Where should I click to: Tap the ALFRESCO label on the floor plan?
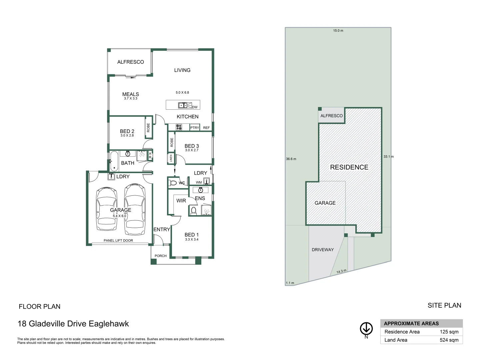coord(130,62)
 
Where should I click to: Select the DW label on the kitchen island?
coord(195,107)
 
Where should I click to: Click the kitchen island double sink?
coord(182,105)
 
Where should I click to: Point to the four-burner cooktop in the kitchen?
coord(179,127)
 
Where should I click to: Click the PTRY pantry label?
coord(195,128)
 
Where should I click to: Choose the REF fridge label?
coord(206,128)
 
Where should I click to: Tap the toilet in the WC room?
coord(173,183)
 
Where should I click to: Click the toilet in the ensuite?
coord(193,210)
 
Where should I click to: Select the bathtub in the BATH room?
coord(114,161)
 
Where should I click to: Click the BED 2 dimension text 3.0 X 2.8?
coord(127,136)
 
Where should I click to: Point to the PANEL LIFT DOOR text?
coord(118,240)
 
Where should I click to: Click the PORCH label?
coord(161,256)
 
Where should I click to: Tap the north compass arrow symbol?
coord(366,329)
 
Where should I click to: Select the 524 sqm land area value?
coord(449,340)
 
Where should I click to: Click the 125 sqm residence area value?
coord(449,332)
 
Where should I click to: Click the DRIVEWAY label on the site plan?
coord(323,250)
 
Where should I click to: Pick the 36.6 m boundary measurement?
coord(291,159)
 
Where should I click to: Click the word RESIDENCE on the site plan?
coord(349,167)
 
